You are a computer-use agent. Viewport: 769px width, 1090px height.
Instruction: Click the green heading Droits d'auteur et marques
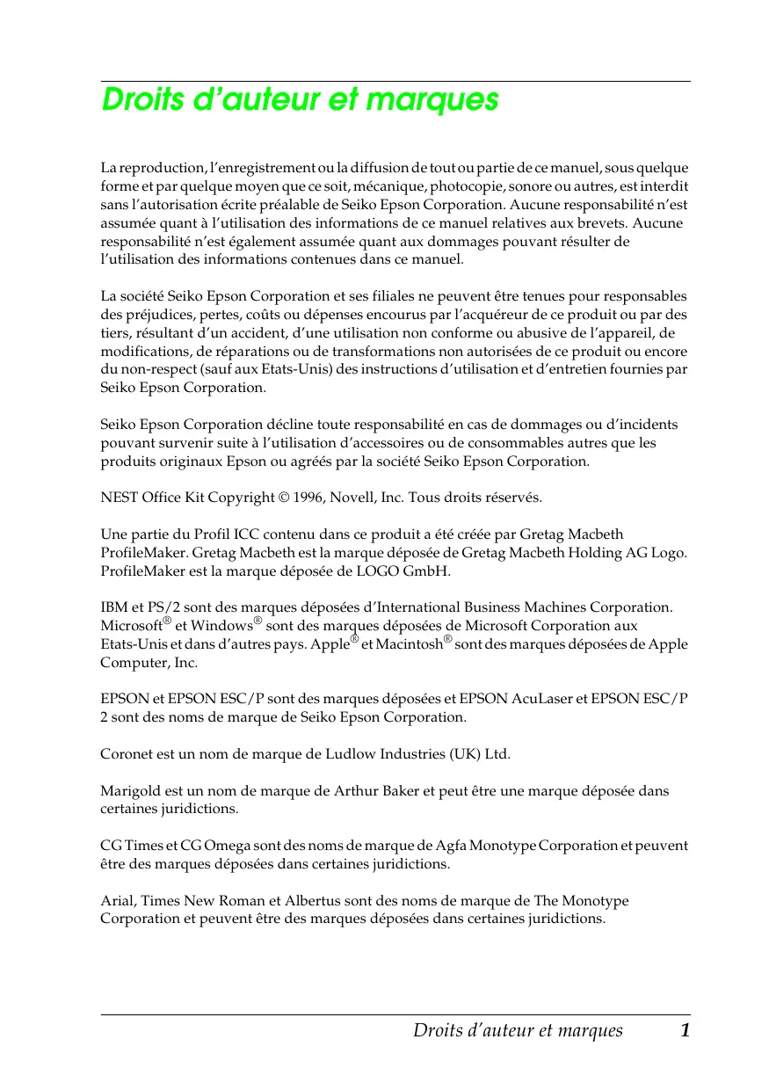coord(301,100)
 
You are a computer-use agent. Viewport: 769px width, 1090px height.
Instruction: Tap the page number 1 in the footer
coord(684,1030)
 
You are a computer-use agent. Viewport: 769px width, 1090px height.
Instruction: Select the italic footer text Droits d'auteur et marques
coord(518,1030)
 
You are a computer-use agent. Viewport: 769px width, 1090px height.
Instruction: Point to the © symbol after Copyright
coord(283,498)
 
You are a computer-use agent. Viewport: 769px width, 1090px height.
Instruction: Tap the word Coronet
coord(128,754)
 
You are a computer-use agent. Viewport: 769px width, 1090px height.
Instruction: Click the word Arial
coord(116,901)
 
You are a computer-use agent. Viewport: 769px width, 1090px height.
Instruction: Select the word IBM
coord(113,607)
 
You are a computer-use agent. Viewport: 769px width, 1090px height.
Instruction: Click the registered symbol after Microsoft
coord(167,621)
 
